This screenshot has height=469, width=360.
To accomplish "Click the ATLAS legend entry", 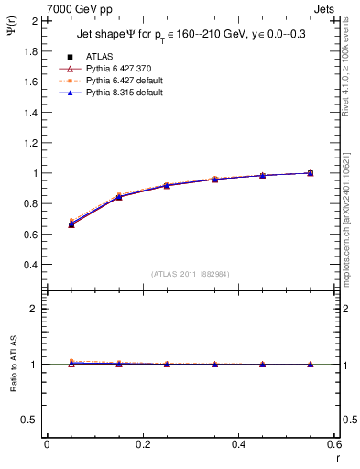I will pos(96,56).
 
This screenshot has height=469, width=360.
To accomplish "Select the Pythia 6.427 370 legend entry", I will pos(113,68).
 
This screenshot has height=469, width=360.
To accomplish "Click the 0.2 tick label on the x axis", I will pos(142,444).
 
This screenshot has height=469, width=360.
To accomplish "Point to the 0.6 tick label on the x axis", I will pos(333,444).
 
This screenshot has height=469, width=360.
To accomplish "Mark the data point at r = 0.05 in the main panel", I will pos(71,224).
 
